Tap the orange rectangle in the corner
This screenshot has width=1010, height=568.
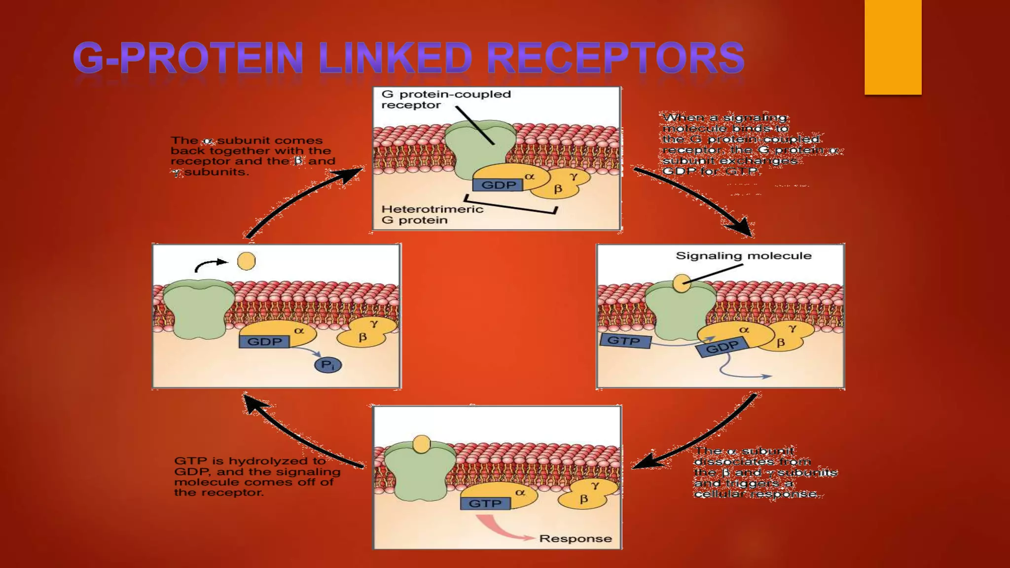[893, 47]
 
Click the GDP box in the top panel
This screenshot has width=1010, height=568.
[498, 185]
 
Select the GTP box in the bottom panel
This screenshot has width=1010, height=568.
[485, 503]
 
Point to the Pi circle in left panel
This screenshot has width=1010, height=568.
[328, 365]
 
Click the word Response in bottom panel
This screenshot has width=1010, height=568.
[575, 538]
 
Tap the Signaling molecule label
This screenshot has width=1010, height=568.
[743, 255]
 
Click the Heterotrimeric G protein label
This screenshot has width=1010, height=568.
[432, 214]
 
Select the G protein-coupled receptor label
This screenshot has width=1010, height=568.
[445, 99]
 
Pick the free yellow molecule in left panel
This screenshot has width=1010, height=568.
[246, 261]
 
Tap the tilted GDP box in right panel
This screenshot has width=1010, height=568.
[722, 348]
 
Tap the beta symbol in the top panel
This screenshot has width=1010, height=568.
[558, 188]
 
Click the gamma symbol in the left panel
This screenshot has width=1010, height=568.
[374, 323]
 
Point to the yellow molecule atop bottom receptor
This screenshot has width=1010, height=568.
[422, 444]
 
